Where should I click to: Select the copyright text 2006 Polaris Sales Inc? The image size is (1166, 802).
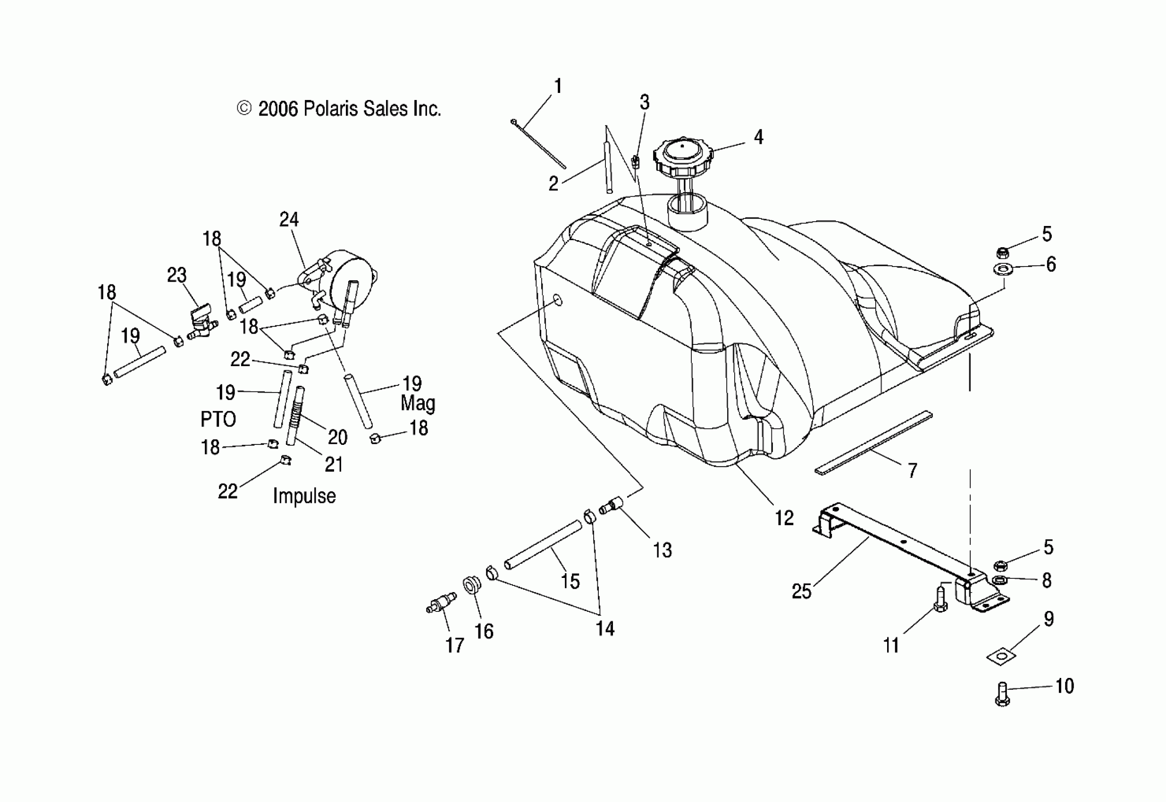tap(339, 109)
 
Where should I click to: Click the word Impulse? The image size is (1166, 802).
tap(304, 496)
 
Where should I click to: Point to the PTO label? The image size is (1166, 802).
tap(218, 419)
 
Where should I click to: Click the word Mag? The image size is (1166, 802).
tap(418, 403)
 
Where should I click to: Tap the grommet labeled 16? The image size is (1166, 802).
tap(471, 585)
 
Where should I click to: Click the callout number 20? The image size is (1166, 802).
tap(337, 437)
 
